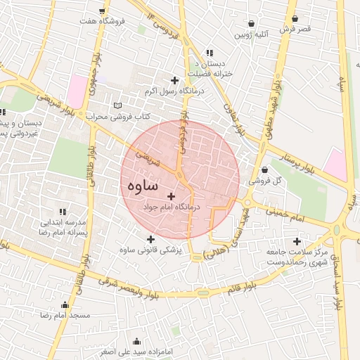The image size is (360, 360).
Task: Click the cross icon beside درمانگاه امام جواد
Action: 171,195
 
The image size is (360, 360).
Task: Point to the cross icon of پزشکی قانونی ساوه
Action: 150,239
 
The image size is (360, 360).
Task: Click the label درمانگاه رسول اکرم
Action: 174,91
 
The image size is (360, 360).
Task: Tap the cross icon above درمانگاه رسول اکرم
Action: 174,80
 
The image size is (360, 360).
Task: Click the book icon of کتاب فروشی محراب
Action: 117,106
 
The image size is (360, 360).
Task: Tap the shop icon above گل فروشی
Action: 264,169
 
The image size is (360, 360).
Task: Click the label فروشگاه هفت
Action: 103,22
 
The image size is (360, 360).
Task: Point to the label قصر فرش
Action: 295,30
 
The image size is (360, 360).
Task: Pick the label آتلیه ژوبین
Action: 252,34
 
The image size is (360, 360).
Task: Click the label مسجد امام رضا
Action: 66,316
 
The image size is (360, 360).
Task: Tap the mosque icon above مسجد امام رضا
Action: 65,305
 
